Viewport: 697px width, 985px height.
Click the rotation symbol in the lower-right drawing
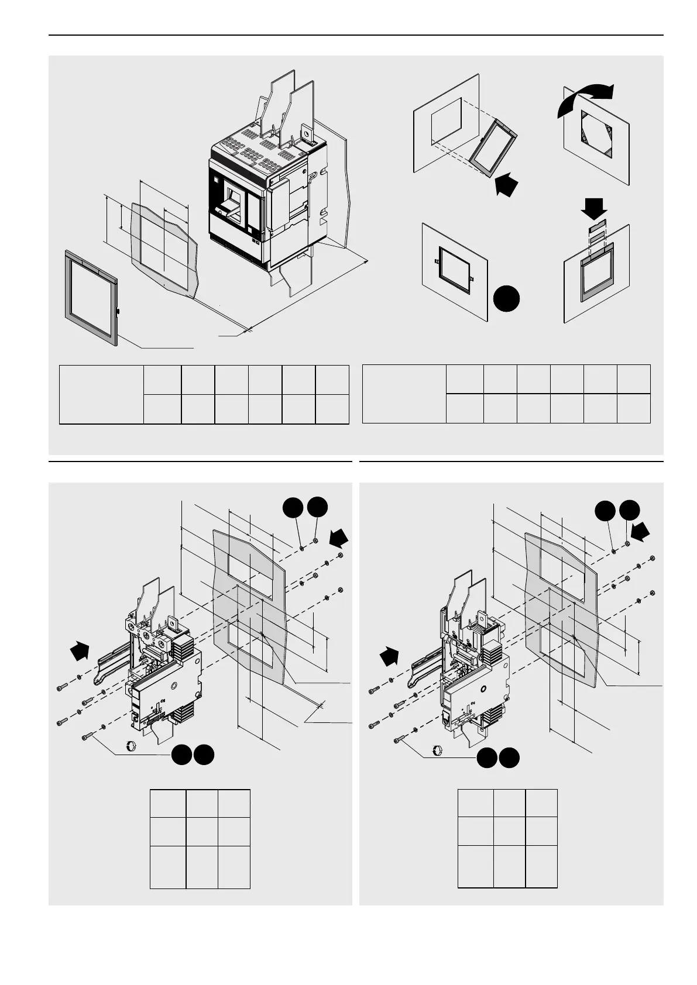point(437,750)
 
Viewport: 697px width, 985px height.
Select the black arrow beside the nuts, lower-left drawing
point(339,537)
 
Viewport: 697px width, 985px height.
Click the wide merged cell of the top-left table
point(101,394)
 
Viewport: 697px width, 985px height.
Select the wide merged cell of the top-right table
point(404,394)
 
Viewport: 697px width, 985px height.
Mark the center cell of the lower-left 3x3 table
point(202,831)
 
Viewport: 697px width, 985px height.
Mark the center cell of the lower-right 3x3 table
point(509,831)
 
